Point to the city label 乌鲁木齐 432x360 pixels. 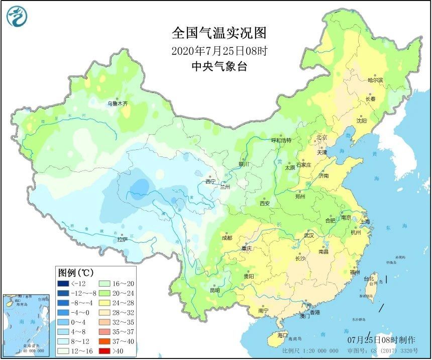(x=117, y=104)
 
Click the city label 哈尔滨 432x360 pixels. (x=375, y=80)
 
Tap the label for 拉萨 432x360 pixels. (x=123, y=240)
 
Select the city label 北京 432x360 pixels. (x=321, y=137)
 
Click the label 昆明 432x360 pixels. (x=215, y=290)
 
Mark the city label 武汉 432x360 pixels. (x=308, y=235)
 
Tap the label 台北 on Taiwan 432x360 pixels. (x=369, y=279)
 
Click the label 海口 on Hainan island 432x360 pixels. (x=282, y=335)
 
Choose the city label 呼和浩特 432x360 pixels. (x=281, y=140)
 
